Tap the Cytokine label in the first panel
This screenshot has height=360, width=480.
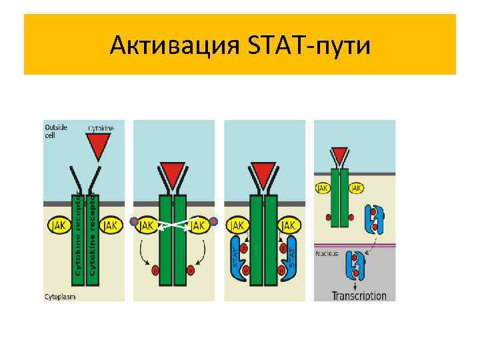tap(101, 127)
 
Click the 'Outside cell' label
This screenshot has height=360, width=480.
tap(55, 131)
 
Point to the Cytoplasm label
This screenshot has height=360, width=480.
tap(59, 295)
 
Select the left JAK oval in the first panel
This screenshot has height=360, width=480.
tap(59, 225)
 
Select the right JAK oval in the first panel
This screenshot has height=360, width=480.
tap(110, 225)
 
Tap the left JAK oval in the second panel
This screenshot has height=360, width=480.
tap(148, 225)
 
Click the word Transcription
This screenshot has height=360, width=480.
tap(359, 295)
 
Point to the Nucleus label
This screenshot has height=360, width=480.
tap(327, 253)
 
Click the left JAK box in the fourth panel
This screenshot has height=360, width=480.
tap(323, 188)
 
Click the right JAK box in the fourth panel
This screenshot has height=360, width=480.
tap(356, 188)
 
